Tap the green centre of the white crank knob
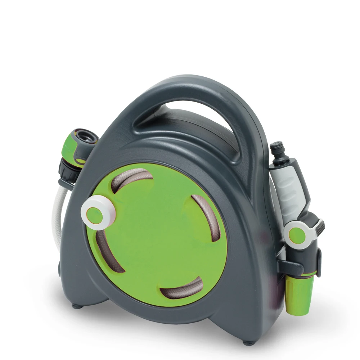95,213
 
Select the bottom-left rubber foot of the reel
76,306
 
